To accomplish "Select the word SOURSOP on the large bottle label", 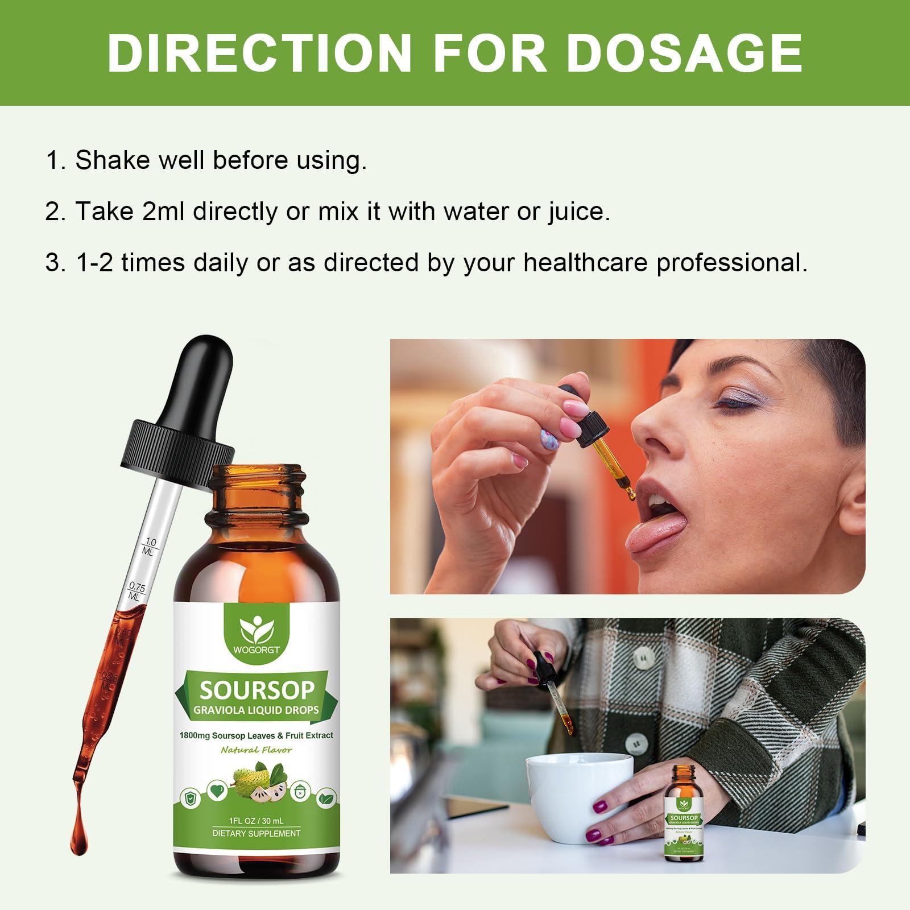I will [257, 690].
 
